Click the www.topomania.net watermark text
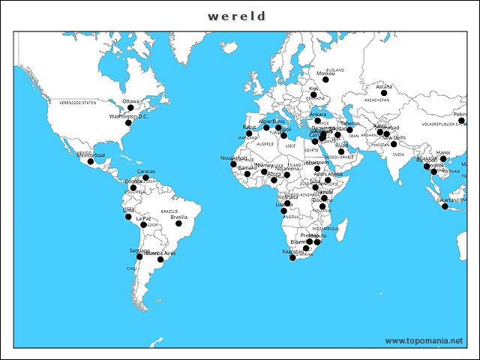[424, 340]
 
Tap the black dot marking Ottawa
[130, 108]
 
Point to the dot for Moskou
[325, 79]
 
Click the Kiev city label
[313, 88]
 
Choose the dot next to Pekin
[461, 121]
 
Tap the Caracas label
[146, 171]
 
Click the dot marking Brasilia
[178, 223]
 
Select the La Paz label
[143, 218]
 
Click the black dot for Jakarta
[445, 207]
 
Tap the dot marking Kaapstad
[293, 258]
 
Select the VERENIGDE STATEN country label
[78, 101]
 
